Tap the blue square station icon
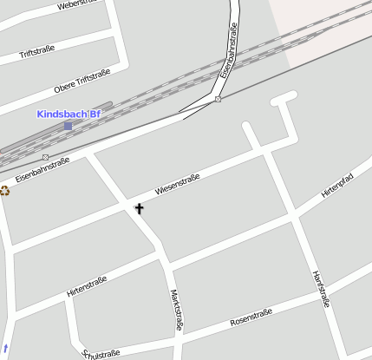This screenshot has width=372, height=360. [x=69, y=126]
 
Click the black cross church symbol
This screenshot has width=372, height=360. [x=139, y=208]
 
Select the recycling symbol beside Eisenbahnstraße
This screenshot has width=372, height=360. [x=4, y=190]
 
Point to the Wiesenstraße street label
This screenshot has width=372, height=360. [x=177, y=183]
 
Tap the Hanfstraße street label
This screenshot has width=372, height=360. [x=320, y=289]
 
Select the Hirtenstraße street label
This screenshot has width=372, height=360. [x=86, y=287]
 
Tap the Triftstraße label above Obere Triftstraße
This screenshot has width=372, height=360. [x=36, y=53]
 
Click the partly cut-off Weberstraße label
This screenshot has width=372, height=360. [x=76, y=4]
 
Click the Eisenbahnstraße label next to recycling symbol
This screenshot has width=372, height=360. [x=42, y=169]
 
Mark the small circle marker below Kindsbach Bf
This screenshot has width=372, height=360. [x=45, y=157]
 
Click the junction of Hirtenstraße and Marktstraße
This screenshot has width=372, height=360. [x=162, y=257]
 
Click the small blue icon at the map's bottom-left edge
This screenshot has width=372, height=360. [x=5, y=348]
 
